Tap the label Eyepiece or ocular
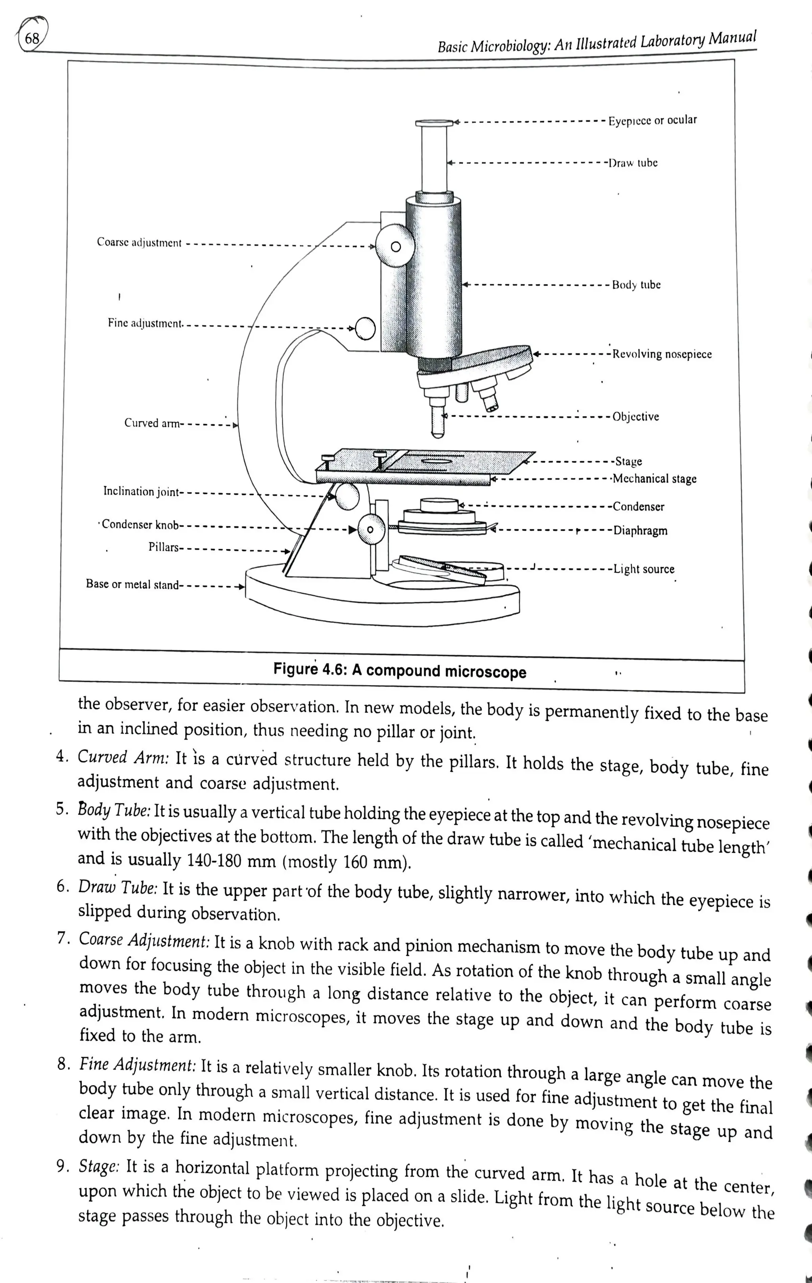coord(652,120)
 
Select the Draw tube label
coord(633,163)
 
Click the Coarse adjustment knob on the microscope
coord(395,246)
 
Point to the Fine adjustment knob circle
coord(366,328)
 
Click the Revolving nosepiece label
coord(662,354)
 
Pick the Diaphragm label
coord(640,531)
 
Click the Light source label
coord(643,569)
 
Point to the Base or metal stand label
coord(132,585)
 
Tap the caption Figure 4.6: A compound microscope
coord(400,671)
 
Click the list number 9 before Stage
coord(62,1167)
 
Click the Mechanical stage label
coord(654,479)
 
